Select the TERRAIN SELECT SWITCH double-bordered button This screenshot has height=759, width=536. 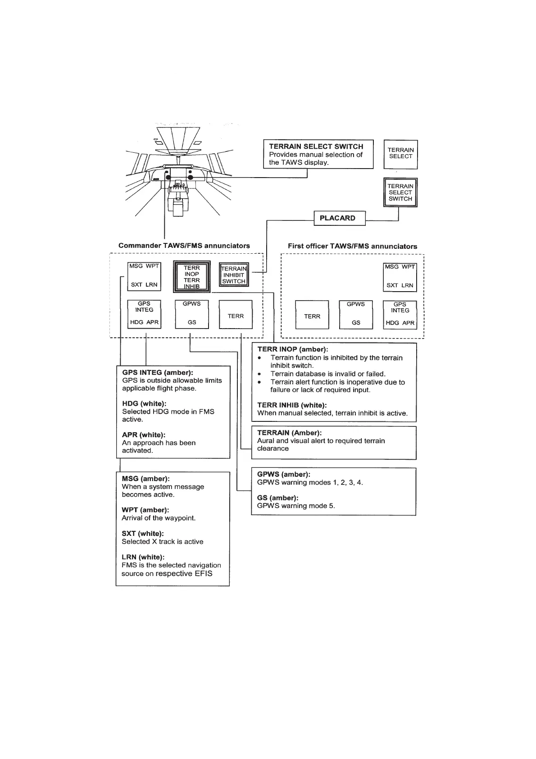point(400,192)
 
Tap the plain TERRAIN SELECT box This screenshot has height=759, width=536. point(400,154)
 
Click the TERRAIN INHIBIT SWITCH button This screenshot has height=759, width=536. point(234,275)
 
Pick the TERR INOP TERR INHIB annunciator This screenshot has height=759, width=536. point(192,277)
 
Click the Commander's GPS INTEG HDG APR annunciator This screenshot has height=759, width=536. point(144,314)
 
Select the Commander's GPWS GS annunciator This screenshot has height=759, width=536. point(191,314)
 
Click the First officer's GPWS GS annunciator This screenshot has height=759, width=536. point(356,314)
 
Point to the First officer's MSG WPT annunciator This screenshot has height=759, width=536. point(400,276)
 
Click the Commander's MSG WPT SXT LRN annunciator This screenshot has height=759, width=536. point(144,276)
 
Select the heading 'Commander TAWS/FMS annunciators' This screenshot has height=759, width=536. point(184,246)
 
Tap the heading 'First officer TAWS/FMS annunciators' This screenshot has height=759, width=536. point(352,246)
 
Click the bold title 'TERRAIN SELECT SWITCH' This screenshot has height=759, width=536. point(316,146)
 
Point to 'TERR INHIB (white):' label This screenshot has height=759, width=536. point(292,405)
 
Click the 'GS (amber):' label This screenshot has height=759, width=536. point(277,498)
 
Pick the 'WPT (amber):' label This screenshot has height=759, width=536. point(145,510)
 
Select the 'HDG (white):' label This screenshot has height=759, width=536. point(144,403)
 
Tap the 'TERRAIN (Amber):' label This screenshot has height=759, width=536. point(289,433)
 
